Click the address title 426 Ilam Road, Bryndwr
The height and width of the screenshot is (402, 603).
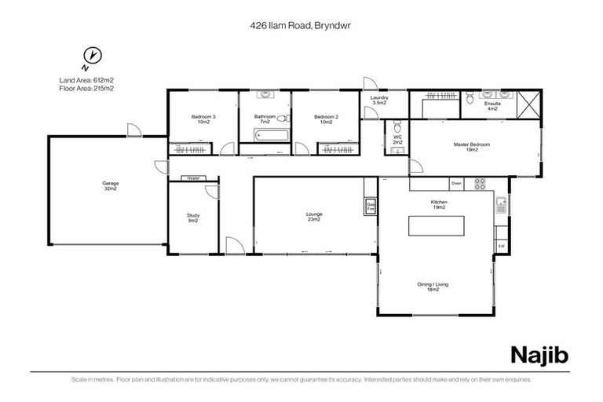click(301, 25)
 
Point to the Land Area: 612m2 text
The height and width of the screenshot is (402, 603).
click(86, 80)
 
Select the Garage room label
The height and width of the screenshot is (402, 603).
click(110, 186)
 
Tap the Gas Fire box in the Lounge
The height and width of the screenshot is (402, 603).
click(369, 206)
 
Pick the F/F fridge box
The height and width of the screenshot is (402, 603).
click(502, 247)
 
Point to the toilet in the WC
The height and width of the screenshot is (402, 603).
click(397, 128)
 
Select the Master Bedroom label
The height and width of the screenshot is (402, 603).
click(471, 147)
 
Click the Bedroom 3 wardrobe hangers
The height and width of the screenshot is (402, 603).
click(191, 148)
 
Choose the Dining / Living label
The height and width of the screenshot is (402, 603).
click(438, 287)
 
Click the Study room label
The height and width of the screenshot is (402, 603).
click(192, 217)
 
